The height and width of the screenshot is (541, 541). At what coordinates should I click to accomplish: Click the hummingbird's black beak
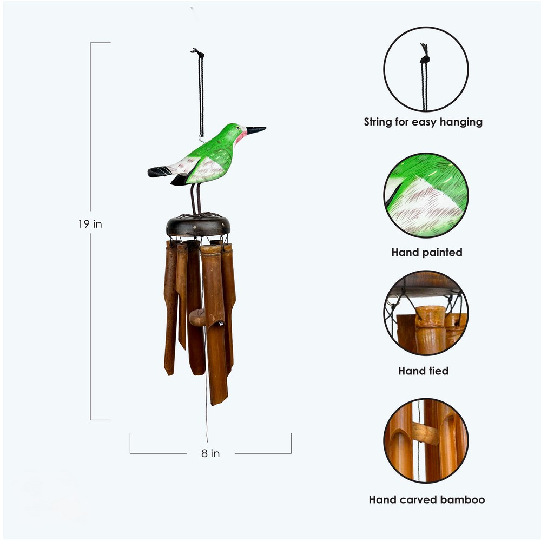click(256, 130)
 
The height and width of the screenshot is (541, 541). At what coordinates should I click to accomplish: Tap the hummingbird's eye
click(237, 128)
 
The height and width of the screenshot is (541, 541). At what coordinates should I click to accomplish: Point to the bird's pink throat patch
click(240, 137)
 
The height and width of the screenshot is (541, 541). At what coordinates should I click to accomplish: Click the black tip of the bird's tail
click(159, 171)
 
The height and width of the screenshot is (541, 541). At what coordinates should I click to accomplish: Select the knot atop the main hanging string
click(197, 52)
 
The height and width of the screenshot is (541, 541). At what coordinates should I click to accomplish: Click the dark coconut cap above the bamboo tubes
click(198, 226)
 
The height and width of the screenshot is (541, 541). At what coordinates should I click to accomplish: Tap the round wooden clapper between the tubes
click(197, 318)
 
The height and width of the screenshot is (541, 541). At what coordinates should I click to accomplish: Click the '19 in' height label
click(90, 224)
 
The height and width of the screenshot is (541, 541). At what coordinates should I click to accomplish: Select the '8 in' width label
click(210, 453)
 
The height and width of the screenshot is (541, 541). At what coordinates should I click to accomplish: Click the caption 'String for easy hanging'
click(423, 122)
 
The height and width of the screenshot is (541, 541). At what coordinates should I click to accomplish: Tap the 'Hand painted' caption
click(427, 252)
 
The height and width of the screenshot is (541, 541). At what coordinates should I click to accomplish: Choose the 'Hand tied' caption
click(424, 371)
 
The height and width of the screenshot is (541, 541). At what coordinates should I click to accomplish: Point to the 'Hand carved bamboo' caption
click(427, 499)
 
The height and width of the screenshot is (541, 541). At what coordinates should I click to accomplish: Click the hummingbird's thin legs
click(196, 199)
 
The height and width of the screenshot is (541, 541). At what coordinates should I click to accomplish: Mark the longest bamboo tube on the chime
click(215, 324)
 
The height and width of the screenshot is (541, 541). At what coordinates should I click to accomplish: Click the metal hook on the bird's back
click(201, 139)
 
